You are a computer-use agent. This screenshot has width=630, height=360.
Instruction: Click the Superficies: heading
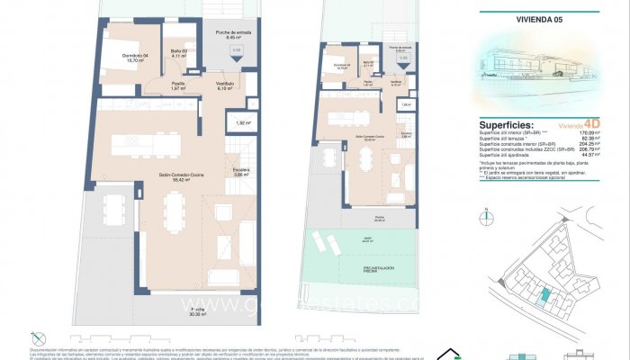click(508, 125)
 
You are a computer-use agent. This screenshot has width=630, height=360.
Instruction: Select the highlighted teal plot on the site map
click(543, 297)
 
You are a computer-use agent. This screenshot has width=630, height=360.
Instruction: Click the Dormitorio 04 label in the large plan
click(121, 58)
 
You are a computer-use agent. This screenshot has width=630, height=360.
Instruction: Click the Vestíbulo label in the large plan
click(225, 85)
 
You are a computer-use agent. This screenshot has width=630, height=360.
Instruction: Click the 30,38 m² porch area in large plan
click(195, 311)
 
